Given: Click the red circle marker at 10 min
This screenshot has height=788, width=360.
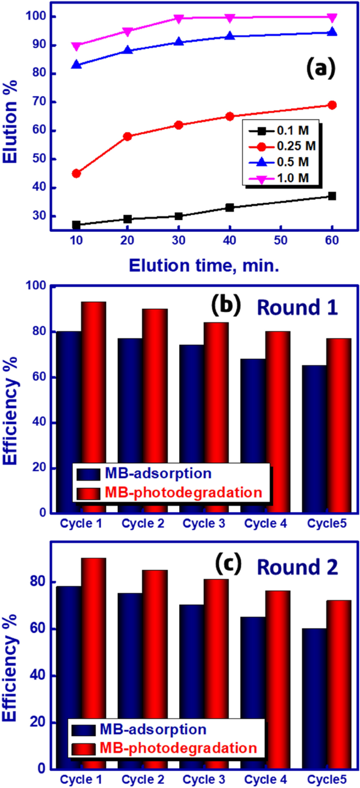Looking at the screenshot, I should tap(76, 173).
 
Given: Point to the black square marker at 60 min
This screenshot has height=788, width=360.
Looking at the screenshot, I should tap(332, 196).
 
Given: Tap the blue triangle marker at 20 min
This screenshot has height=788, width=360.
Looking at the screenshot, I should tap(127, 50).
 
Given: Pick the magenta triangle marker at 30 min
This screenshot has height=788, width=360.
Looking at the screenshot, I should tap(179, 18).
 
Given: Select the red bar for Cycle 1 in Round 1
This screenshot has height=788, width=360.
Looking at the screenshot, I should tap(93, 407).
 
